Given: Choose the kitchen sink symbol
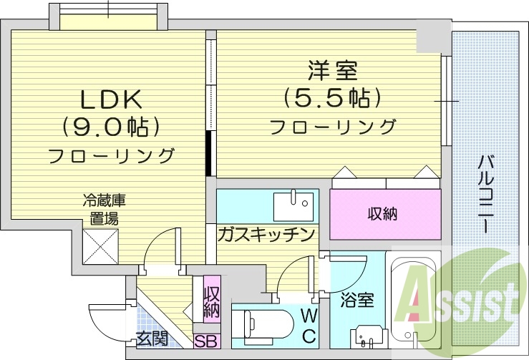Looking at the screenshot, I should pos(293,205).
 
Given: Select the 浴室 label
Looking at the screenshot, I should pos(357,299).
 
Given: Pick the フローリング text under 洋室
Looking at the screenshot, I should pos(332,127).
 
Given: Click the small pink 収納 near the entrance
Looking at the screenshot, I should pos(211,301).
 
